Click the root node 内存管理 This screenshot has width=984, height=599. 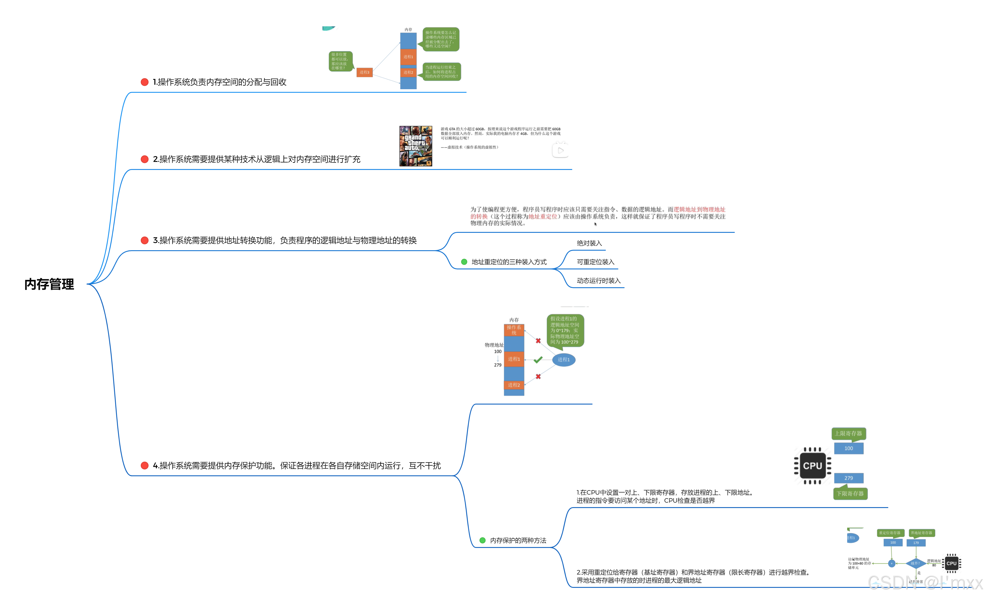tap(49, 284)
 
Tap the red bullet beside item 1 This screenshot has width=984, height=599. tap(145, 82)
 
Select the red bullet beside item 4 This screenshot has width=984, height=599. tap(145, 466)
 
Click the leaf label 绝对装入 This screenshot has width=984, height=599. tap(589, 243)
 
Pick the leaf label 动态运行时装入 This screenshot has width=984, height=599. tap(598, 281)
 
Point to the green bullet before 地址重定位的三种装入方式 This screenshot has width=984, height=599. tap(464, 262)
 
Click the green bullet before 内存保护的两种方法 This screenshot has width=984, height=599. tap(482, 540)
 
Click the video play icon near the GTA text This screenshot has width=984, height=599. tap(560, 151)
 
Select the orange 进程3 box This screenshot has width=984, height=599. tap(364, 72)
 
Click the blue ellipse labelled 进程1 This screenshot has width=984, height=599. tap(563, 359)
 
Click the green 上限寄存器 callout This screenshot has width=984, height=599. tap(849, 433)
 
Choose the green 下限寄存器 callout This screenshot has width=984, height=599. tap(850, 494)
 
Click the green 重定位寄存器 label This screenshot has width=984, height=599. tap(890, 533)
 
